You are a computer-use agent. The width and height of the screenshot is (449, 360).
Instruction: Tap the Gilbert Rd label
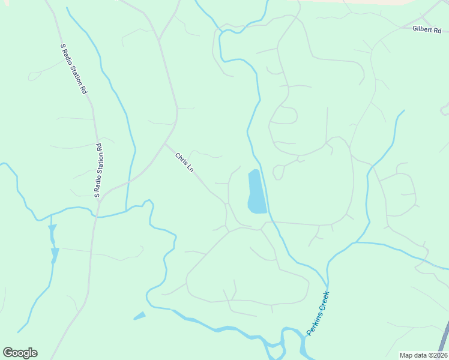[426, 29]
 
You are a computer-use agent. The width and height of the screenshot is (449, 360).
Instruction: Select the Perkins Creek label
[318, 313]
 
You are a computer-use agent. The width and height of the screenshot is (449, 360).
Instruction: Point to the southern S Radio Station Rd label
[98, 170]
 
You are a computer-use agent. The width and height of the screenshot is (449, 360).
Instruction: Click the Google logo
[20, 353]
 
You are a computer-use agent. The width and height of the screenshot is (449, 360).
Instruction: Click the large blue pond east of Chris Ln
[256, 192]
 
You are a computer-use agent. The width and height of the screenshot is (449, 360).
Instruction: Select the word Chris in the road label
[181, 159]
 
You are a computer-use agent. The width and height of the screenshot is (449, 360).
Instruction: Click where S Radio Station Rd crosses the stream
[95, 214]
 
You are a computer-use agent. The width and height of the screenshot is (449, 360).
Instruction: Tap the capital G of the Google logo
[8, 352]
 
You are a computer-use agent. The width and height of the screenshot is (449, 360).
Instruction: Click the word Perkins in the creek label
[312, 324]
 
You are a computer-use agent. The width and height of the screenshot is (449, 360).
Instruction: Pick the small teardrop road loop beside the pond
[278, 173]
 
